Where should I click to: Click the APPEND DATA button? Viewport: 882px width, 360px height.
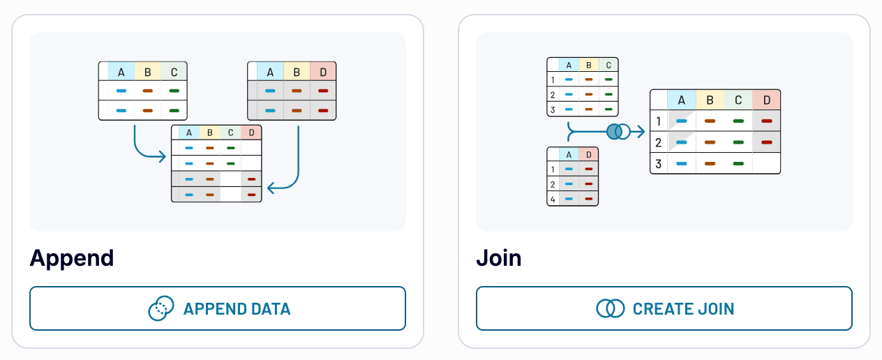[x=217, y=308]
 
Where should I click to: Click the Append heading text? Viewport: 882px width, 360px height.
[x=71, y=258]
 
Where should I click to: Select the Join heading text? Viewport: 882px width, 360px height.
[x=498, y=258]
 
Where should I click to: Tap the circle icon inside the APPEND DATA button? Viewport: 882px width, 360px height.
[x=161, y=308]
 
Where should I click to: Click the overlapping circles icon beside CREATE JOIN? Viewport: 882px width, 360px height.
[x=610, y=308]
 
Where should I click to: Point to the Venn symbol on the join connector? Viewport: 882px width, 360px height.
[x=618, y=130]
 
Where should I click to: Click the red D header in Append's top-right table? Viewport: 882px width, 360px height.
[x=323, y=72]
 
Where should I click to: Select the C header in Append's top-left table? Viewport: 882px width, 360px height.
[x=174, y=72]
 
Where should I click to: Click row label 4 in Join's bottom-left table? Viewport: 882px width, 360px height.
[x=553, y=199]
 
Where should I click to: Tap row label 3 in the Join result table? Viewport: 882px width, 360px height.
[x=658, y=165]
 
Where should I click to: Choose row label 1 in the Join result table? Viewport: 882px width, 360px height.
[x=658, y=121]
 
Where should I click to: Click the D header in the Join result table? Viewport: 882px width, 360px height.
[x=766, y=100]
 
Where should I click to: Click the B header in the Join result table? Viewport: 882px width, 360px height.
[x=710, y=100]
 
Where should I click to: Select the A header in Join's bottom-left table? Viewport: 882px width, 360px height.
[x=569, y=154]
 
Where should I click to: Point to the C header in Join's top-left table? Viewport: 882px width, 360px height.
[x=608, y=66]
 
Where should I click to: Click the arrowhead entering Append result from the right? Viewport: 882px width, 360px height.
[x=271, y=187]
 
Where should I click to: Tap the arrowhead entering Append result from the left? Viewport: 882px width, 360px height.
[x=165, y=155]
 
